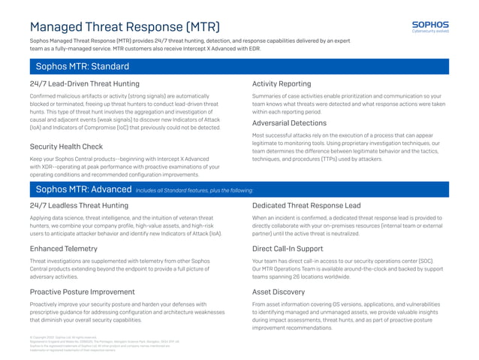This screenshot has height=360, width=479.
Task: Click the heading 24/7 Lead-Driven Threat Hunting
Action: [x=84, y=83]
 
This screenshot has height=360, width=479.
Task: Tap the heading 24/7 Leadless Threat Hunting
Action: [x=79, y=204]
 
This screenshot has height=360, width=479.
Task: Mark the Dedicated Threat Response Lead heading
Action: [x=306, y=204]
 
